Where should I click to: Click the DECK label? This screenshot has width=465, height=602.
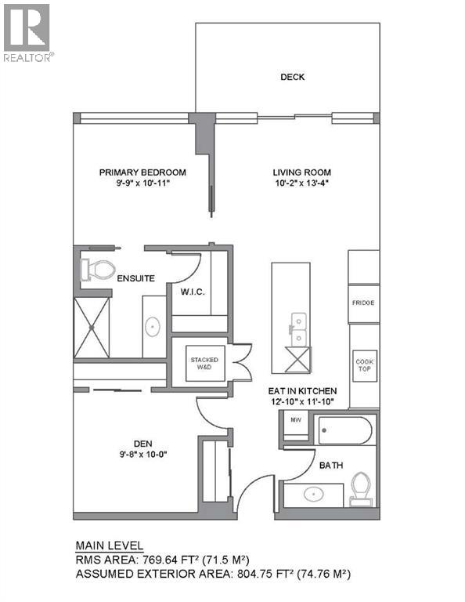coord(292,77)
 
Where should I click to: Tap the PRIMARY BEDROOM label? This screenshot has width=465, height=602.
coord(142,172)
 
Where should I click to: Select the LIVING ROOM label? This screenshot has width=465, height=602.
coord(301,172)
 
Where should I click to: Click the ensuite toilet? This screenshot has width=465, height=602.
coord(96,270)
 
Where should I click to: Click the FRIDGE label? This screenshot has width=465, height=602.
coord(362,303)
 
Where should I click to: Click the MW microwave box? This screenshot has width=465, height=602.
coord(296,420)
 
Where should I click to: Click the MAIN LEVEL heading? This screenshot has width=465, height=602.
coord(109,546)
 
